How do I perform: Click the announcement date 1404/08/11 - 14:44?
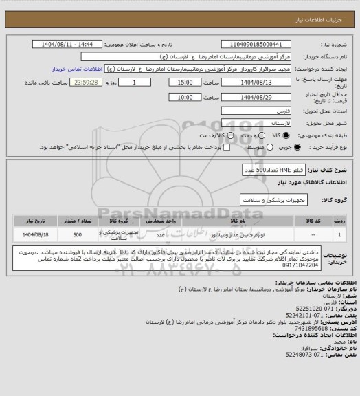75,44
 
